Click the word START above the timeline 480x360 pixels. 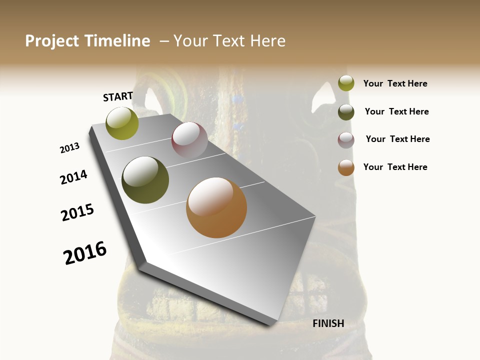pyautogui.click(x=118, y=96)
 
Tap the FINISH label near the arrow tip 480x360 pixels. pyautogui.click(x=328, y=323)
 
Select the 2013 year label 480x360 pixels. pyautogui.click(x=70, y=148)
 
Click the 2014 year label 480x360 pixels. pyautogui.click(x=73, y=177)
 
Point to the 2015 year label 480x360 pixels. pyautogui.click(x=77, y=212)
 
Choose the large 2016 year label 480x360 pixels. pyautogui.click(x=85, y=253)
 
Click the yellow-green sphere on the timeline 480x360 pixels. pyautogui.click(x=122, y=123)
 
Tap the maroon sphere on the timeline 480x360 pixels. pyautogui.click(x=189, y=140)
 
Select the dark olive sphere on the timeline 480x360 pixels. pyautogui.click(x=145, y=180)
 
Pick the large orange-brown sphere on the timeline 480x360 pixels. pyautogui.click(x=216, y=207)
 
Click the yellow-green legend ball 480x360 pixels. pyautogui.click(x=346, y=83)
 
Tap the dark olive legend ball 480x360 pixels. pyautogui.click(x=346, y=112)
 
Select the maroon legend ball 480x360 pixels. pyautogui.click(x=346, y=140)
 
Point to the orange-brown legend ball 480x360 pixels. pyautogui.click(x=346, y=167)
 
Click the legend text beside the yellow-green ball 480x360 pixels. pyautogui.click(x=395, y=83)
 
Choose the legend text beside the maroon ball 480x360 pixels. pyautogui.click(x=397, y=139)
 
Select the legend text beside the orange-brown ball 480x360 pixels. pyautogui.click(x=395, y=167)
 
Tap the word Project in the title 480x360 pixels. pyautogui.click(x=51, y=41)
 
